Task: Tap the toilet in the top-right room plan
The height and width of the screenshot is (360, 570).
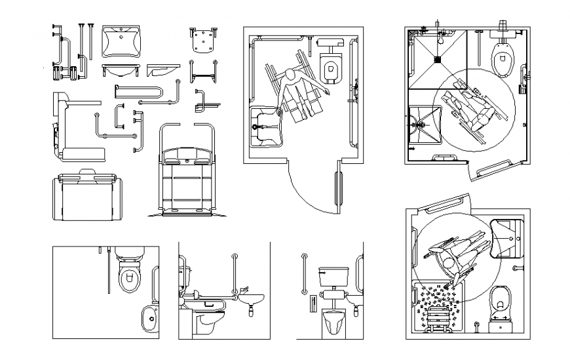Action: point(503,58)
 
